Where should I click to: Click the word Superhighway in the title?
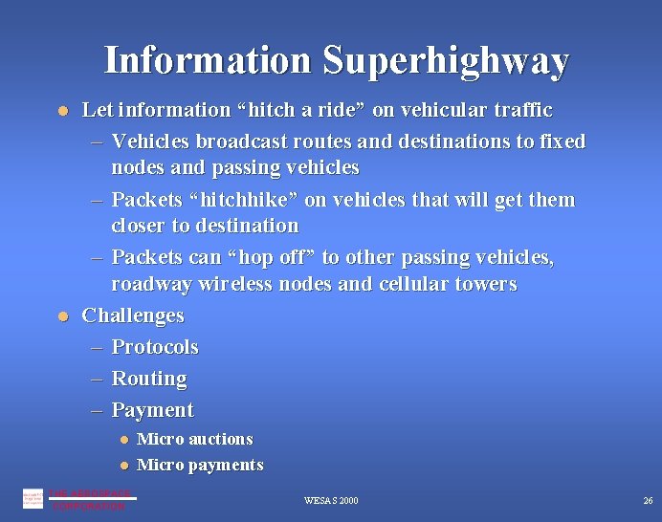[446, 60]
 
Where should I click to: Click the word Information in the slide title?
[208, 60]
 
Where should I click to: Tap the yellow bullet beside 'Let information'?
[62, 111]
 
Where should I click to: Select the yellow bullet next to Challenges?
[62, 315]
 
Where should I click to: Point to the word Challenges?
[133, 315]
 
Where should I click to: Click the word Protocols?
[155, 346]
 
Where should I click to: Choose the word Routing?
[149, 379]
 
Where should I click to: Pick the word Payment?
[152, 410]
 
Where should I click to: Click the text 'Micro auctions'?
[195, 439]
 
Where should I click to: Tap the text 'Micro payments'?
[200, 465]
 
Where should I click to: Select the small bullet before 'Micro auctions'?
[123, 440]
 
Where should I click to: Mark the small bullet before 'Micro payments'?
[123, 466]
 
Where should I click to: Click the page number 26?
[648, 500]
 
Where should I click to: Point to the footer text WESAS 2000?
[331, 500]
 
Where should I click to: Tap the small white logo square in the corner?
[33, 498]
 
